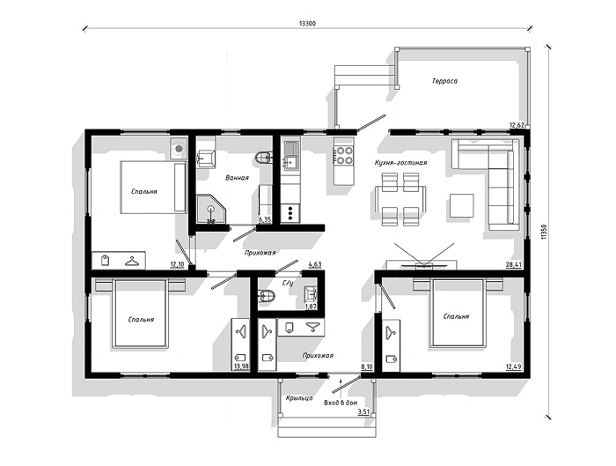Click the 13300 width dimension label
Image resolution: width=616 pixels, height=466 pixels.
(307, 23)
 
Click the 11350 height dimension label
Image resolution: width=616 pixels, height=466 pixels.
(544, 232)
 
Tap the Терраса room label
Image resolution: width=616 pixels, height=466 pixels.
(444, 81)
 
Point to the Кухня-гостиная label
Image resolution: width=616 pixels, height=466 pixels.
(400, 162)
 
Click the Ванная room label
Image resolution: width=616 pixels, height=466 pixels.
(237, 178)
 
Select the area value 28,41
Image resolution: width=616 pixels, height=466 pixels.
(513, 264)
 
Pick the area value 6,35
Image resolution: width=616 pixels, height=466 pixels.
(265, 220)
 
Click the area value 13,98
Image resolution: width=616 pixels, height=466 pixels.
(241, 366)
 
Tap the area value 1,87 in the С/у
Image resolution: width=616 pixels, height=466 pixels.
(312, 307)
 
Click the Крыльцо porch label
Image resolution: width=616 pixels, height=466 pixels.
(299, 398)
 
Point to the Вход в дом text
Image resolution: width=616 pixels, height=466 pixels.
(341, 403)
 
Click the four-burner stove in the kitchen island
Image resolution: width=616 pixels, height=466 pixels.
(343, 155)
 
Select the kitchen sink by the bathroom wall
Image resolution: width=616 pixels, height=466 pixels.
(291, 156)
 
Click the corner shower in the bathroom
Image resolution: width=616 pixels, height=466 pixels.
(212, 209)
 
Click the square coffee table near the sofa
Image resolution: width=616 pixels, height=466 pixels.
(462, 205)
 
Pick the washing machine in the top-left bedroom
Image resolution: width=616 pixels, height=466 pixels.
(179, 149)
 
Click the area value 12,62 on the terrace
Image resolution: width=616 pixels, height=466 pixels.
(517, 125)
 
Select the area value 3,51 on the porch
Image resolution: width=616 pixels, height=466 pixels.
(364, 412)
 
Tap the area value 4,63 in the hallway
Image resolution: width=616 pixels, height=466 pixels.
(315, 264)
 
